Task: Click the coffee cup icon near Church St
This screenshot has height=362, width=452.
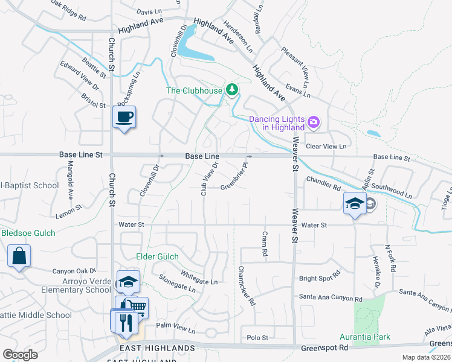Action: [x=124, y=116]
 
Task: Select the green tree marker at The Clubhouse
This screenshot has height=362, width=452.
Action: [x=231, y=90]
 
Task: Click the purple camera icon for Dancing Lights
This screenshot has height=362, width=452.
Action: [x=313, y=122]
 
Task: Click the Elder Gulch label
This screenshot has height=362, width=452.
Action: [x=157, y=256]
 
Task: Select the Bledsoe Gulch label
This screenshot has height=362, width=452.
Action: [x=28, y=233]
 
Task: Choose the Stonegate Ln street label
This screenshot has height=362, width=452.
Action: [x=177, y=283]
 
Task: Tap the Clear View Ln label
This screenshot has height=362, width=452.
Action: [x=326, y=147]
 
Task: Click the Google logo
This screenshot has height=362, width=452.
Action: [x=21, y=355]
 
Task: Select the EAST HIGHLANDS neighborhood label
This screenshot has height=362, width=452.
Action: [x=158, y=348]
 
